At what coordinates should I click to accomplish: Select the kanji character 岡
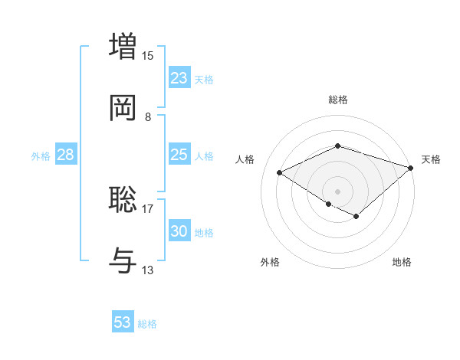click(x=123, y=107)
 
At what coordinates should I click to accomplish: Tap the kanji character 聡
click(x=123, y=199)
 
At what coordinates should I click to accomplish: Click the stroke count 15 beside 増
click(x=148, y=55)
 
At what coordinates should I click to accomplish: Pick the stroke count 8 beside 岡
click(x=148, y=117)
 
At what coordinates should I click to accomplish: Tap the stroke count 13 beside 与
click(x=148, y=270)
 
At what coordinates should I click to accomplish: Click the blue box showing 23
click(x=179, y=77)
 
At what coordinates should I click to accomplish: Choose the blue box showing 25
click(x=179, y=155)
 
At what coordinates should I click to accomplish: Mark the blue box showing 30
click(x=179, y=231)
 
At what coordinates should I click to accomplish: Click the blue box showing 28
click(x=66, y=155)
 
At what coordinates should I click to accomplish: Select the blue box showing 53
click(x=123, y=322)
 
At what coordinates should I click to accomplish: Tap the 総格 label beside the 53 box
click(x=147, y=324)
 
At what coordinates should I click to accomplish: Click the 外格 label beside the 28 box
click(x=41, y=156)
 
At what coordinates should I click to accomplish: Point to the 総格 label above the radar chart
click(x=338, y=100)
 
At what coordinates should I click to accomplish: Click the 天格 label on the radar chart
click(x=431, y=159)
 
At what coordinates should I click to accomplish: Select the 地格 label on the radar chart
click(x=402, y=262)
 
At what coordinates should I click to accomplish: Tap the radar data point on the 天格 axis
click(x=411, y=167)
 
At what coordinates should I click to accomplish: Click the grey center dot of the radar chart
click(x=338, y=191)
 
